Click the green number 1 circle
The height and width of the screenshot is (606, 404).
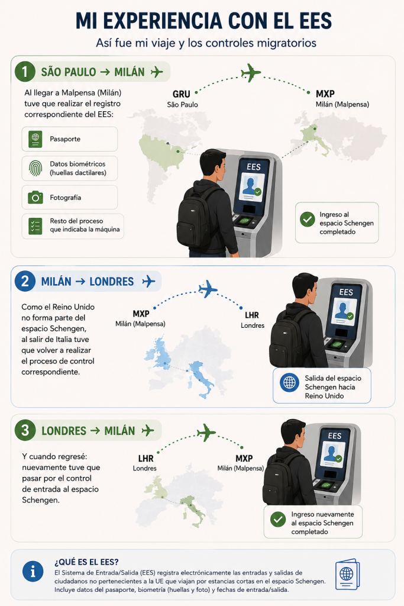(x=25, y=72)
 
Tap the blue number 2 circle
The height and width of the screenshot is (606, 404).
(x=25, y=281)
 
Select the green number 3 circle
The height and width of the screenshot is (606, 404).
(x=25, y=431)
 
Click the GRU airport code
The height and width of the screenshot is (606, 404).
(x=181, y=94)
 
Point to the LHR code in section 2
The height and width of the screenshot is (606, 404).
(x=252, y=315)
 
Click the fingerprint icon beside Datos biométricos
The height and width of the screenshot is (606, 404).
(x=35, y=168)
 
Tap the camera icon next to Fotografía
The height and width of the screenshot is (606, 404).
(x=35, y=197)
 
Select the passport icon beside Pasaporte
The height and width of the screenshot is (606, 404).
(x=35, y=138)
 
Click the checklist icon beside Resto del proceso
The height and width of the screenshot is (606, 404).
(x=35, y=225)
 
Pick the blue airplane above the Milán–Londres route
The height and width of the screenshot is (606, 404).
(x=208, y=288)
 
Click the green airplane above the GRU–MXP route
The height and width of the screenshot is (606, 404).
(x=251, y=72)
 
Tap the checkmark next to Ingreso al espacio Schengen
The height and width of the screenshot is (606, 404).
(x=308, y=220)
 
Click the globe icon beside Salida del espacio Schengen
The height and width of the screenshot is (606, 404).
(x=289, y=383)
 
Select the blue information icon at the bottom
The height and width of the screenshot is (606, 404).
(x=33, y=571)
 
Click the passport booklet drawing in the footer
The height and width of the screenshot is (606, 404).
(x=348, y=574)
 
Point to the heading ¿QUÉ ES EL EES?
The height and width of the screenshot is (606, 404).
(x=86, y=562)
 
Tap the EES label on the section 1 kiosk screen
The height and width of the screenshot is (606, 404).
(x=254, y=167)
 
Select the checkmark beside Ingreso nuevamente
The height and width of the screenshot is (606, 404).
(x=277, y=520)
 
